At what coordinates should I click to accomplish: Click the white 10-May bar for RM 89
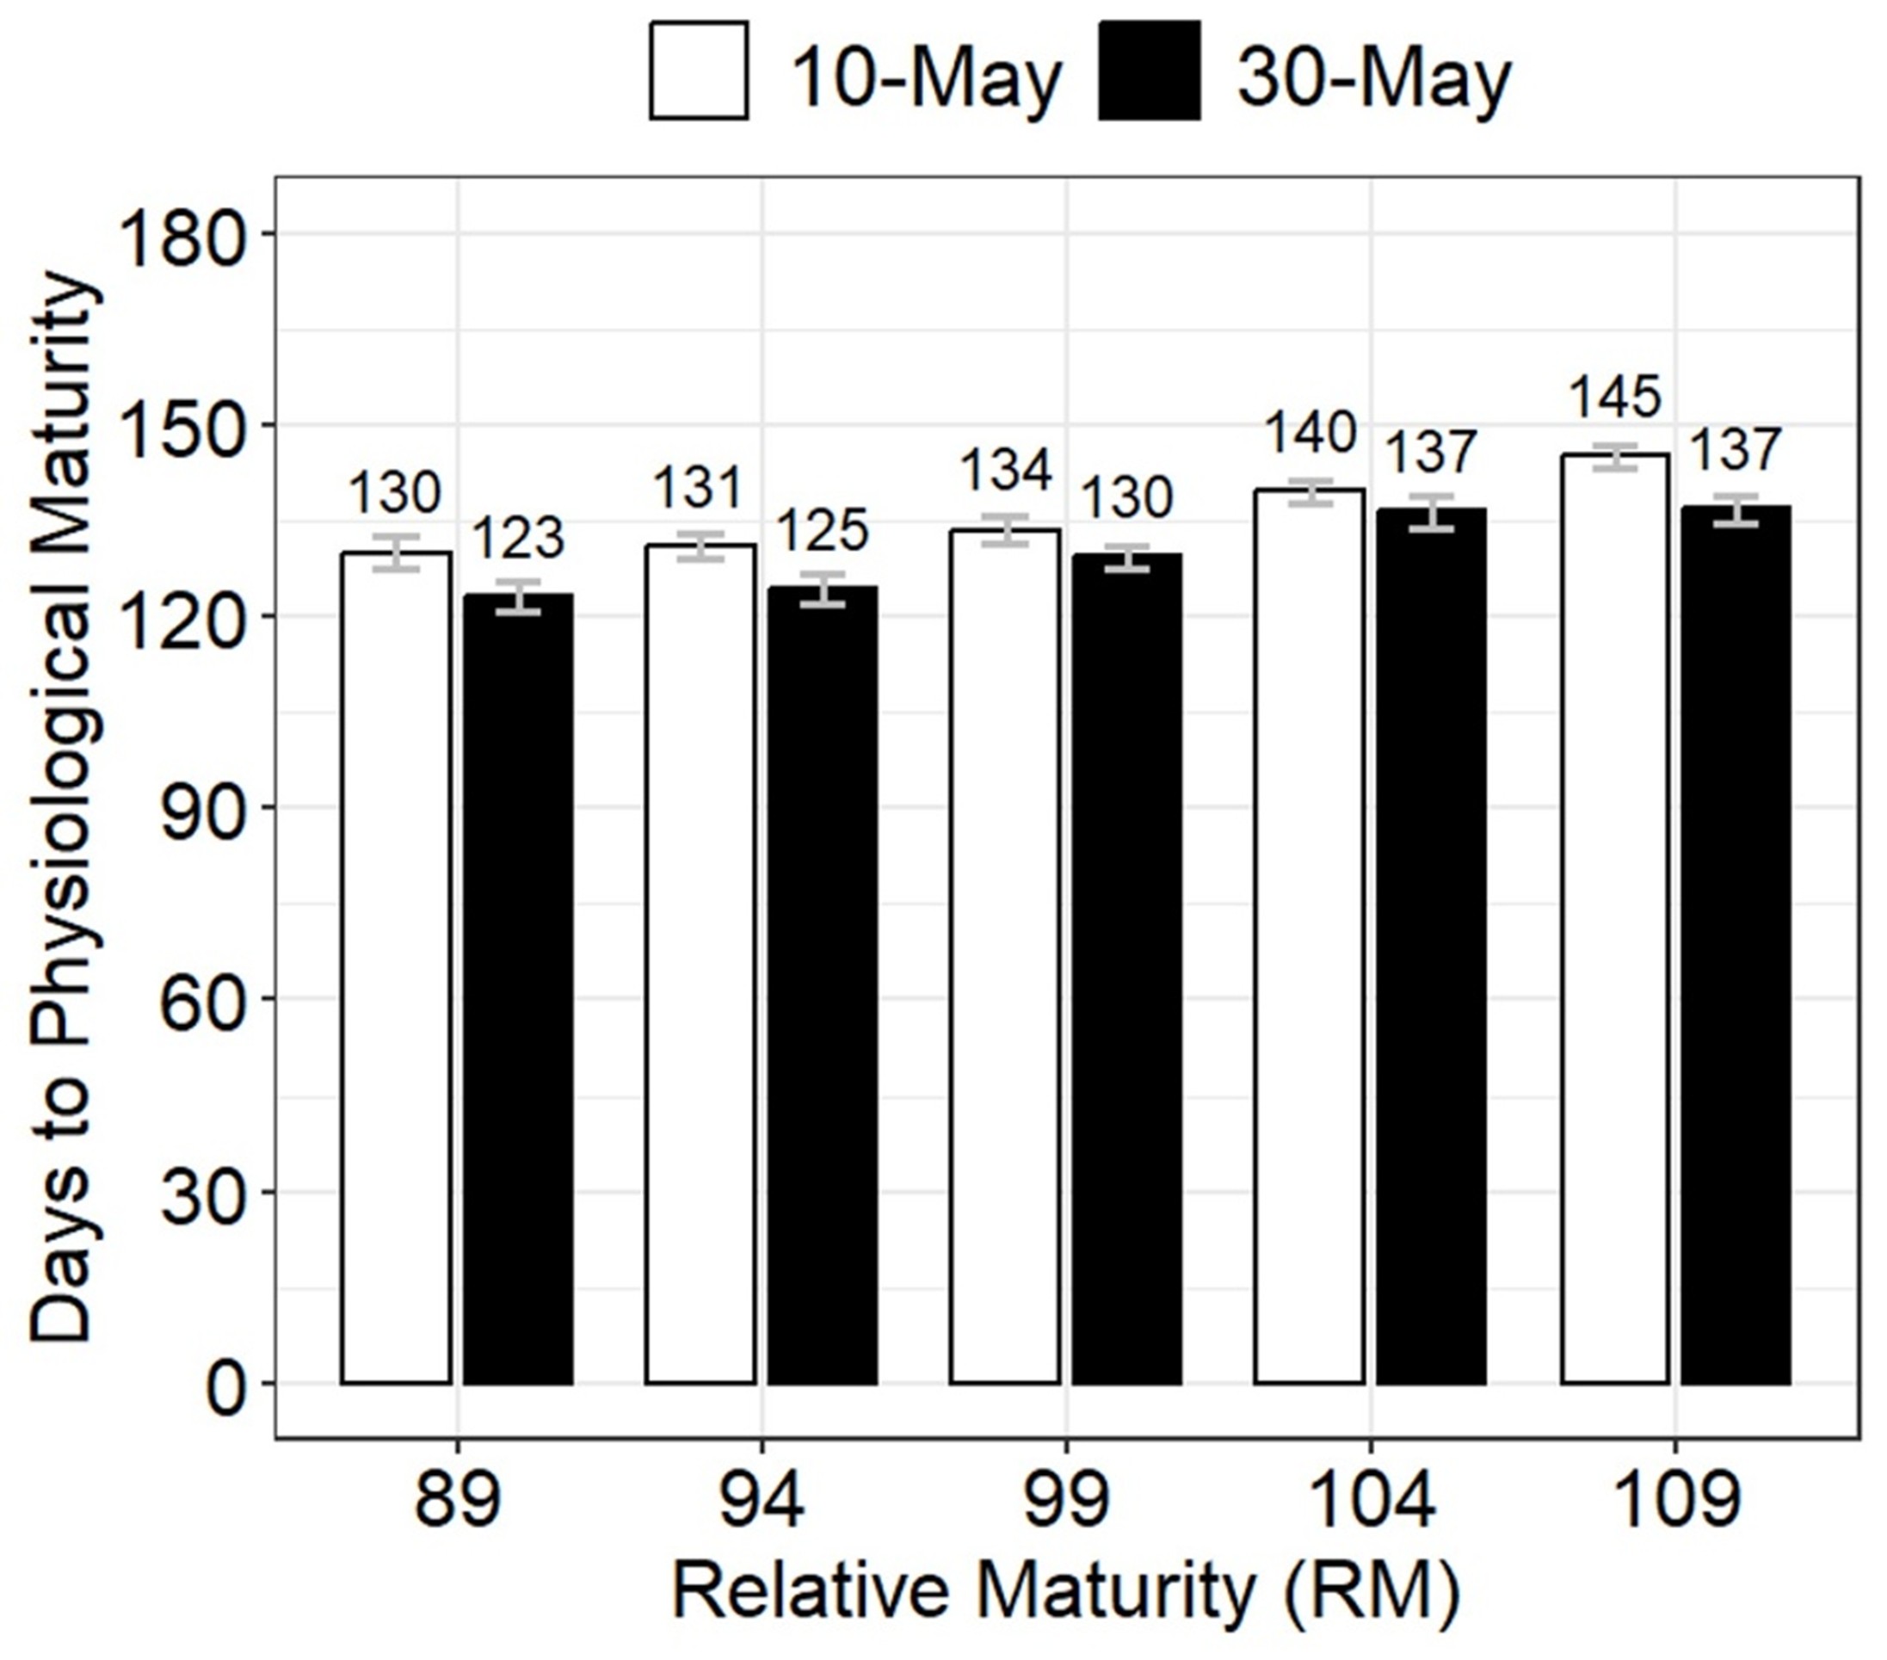[x=396, y=970]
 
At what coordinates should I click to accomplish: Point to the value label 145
[x=1616, y=397]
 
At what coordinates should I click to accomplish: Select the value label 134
[x=1005, y=470]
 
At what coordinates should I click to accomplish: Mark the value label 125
[x=823, y=530]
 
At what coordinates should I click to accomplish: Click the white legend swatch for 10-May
[x=699, y=71]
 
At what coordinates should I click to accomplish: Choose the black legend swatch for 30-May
[x=1150, y=71]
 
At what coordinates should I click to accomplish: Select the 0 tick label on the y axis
[x=226, y=1385]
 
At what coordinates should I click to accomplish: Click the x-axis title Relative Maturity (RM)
[x=1066, y=1593]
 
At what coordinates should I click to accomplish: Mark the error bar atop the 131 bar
[x=700, y=546]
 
